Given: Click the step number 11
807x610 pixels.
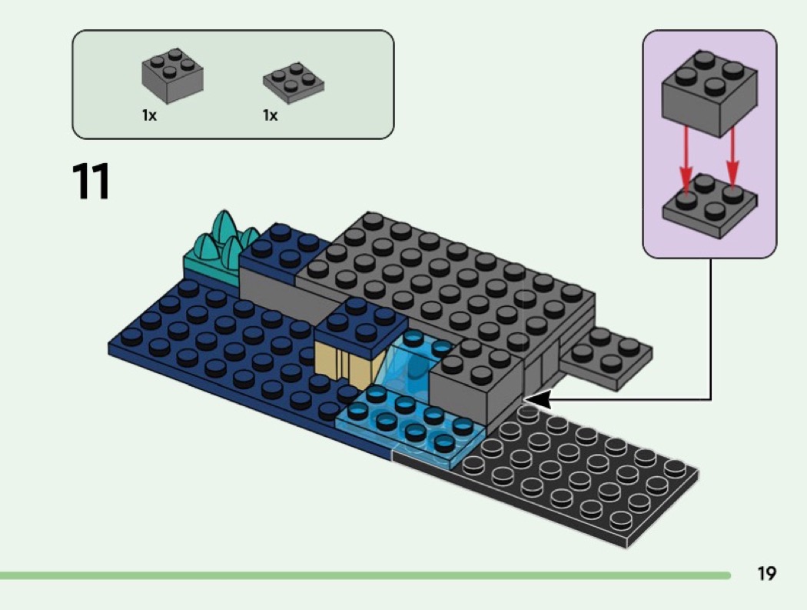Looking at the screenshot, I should [91, 182].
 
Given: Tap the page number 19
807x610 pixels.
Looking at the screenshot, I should [766, 573].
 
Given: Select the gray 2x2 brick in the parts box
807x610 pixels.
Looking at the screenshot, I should [172, 75].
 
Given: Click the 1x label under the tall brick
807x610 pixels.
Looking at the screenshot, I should [148, 116].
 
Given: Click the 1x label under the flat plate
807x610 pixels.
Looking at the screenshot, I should [270, 116].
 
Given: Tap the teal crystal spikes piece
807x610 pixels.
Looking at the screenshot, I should [221, 240].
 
